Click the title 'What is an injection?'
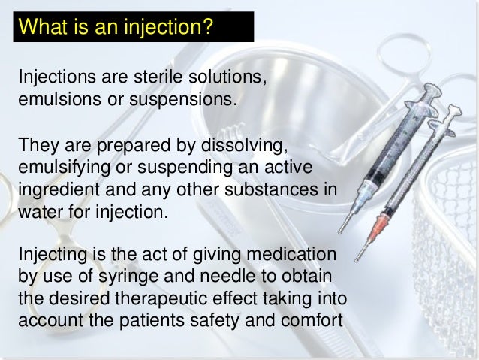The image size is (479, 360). pos(116,29)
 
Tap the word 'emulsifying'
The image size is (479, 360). pos(62,164)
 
